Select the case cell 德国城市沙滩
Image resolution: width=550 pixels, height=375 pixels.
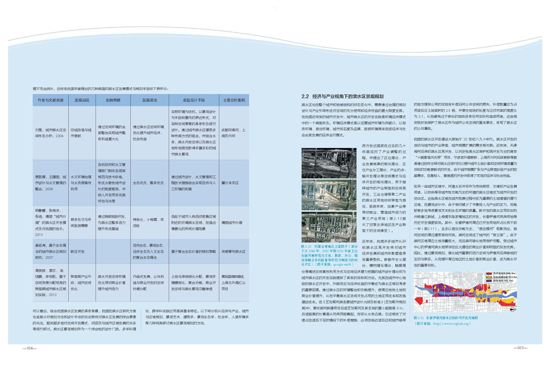click(231, 222)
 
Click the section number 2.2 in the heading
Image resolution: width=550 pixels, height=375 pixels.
click(305, 96)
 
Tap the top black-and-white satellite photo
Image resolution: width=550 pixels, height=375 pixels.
click(329, 163)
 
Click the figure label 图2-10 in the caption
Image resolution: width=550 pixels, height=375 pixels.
click(307, 246)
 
